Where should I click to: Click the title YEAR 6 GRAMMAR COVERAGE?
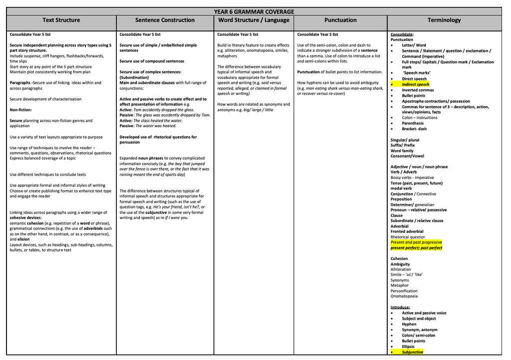pyautogui.click(x=254, y=11)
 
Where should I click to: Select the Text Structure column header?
pyautogui.click(x=61, y=20)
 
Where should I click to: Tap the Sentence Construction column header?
pyautogui.click(x=165, y=20)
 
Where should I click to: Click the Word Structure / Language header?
pyautogui.click(x=254, y=20)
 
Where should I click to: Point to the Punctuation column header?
pyautogui.click(x=340, y=20)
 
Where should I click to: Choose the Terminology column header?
pyautogui.click(x=444, y=20)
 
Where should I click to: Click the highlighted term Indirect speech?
pyautogui.click(x=415, y=84)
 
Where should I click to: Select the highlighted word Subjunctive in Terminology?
pyautogui.click(x=412, y=352)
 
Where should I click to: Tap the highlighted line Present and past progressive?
pyautogui.click(x=416, y=242)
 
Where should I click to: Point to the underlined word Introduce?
pyautogui.click(x=400, y=307)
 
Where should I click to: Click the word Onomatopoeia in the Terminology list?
pyautogui.click(x=404, y=296)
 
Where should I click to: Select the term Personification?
pyautogui.click(x=404, y=291)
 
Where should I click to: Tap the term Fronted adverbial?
pyautogui.click(x=407, y=231)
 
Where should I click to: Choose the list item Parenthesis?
pyautogui.click(x=413, y=123)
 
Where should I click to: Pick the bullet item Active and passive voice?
pyautogui.click(x=424, y=313)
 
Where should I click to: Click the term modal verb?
pyautogui.click(x=401, y=188)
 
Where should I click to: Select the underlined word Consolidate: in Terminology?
pyautogui.click(x=402, y=34)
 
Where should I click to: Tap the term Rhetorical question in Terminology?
pyautogui.click(x=408, y=237)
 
